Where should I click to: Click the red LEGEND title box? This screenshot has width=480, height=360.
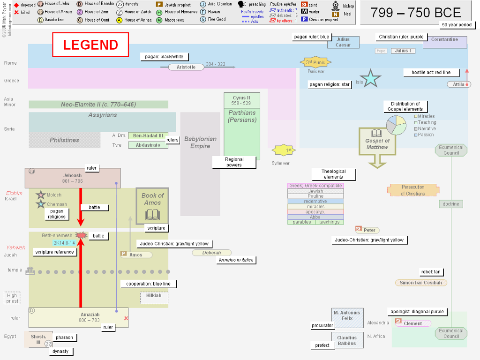(x=90, y=45)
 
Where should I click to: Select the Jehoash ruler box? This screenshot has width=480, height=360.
(x=73, y=178)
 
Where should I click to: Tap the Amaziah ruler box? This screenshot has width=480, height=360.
(x=78, y=317)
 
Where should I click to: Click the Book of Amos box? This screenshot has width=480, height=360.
(x=152, y=206)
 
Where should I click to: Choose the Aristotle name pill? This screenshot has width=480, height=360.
(x=186, y=67)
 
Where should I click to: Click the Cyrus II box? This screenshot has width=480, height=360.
(x=241, y=100)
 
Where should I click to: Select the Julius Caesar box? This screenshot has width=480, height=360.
(x=343, y=42)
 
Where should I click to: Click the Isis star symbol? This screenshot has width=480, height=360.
(x=370, y=79)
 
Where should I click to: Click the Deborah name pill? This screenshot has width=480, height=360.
(x=211, y=253)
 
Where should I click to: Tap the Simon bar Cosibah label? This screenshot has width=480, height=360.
(x=420, y=283)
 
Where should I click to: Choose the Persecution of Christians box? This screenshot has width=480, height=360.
(x=413, y=190)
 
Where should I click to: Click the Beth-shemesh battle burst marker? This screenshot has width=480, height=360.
(x=81, y=235)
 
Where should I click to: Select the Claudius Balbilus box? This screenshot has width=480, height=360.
(x=347, y=340)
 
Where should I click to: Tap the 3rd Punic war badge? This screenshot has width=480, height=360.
(x=315, y=62)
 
